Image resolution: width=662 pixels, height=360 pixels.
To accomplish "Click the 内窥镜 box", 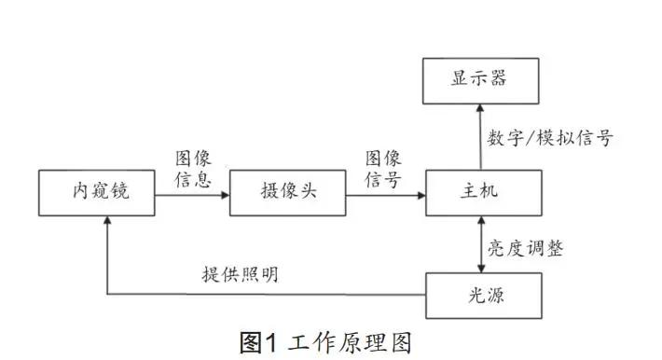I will click(98, 193).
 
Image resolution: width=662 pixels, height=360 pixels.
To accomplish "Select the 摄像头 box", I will click(287, 193).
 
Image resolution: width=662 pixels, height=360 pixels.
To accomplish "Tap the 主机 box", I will click(480, 193).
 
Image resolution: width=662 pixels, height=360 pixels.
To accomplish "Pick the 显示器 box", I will click(480, 79).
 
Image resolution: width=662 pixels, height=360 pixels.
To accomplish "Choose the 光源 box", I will click(480, 296).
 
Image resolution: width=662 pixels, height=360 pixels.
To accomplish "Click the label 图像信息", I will click(193, 169).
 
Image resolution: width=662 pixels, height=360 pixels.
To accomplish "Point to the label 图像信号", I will click(383, 169).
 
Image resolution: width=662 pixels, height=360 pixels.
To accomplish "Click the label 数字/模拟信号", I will click(550, 139).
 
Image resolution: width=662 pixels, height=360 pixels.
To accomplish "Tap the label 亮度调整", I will click(527, 249).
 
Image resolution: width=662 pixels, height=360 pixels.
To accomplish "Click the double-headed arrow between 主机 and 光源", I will click(481, 244).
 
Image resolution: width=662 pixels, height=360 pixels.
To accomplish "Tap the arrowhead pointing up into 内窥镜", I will click(108, 222).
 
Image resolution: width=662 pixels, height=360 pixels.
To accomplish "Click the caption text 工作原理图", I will click(349, 342).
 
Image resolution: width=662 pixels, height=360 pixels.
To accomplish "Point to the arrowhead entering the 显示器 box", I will click(481, 108).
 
